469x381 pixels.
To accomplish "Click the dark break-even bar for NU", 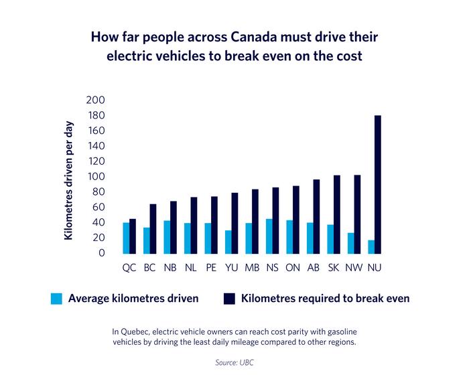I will coord(378,185).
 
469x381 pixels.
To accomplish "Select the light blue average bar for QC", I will coord(126,238).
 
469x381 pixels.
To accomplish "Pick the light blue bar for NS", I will coord(269,236).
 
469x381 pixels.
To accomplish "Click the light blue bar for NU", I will coord(371,246).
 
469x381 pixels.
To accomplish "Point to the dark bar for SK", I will coord(337,214).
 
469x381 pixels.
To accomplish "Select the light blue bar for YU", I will coord(228,242).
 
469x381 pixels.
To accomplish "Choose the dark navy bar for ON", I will coord(296,220).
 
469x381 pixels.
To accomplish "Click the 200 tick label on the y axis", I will coord(96,100).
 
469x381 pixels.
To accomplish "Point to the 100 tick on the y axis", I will coord(96,177).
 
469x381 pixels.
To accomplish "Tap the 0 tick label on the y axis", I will coord(101,253).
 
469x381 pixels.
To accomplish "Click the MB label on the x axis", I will coord(252,268).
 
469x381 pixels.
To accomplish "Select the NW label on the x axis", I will coord(353,268).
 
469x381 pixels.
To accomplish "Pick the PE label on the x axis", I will coord(211,268).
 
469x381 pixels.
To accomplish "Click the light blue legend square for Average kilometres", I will coord(56,299).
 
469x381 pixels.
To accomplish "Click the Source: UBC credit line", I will coord(234,362).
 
